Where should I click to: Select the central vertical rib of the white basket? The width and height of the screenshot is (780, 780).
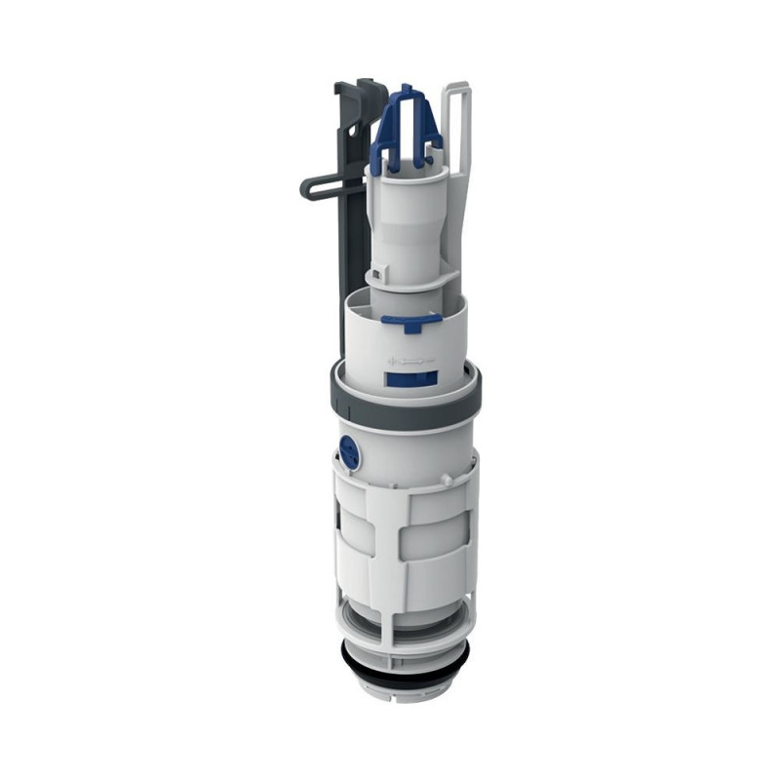[413, 546]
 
